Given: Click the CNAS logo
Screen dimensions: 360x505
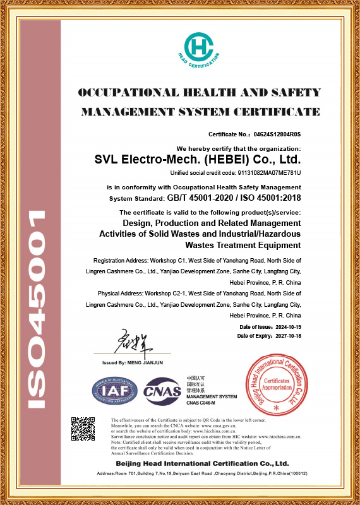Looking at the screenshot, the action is point(162,392).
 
